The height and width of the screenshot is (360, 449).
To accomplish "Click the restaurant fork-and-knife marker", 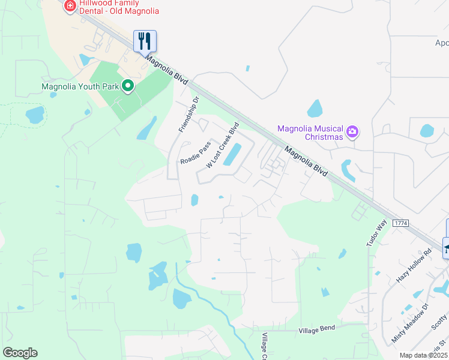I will (x=145, y=41).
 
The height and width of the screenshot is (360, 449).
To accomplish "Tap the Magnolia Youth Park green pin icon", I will (x=127, y=86).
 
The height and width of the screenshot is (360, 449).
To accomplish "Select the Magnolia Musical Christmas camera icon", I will (x=353, y=131).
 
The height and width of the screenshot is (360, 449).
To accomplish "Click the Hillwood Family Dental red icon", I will (x=70, y=6).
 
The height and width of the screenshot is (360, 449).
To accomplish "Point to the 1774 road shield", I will (x=400, y=223).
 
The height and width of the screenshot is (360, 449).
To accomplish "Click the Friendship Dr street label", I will (x=188, y=118).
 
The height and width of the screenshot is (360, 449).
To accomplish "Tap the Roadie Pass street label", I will (x=196, y=153).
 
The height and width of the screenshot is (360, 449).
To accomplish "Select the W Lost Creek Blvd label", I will (x=223, y=145).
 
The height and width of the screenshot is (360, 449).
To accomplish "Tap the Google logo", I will (x=20, y=353).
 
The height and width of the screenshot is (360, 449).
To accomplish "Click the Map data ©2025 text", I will (x=423, y=355).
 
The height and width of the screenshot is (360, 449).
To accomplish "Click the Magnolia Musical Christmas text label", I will (x=310, y=133).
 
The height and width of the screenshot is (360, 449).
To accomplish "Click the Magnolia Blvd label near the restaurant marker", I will (x=166, y=68).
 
